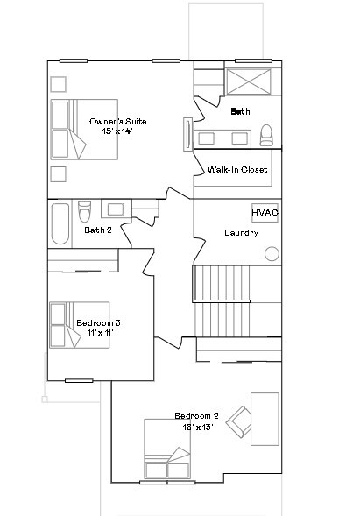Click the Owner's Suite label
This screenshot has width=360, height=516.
[117, 121]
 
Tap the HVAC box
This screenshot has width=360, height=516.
[265, 213]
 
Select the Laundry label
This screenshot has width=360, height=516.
[241, 233]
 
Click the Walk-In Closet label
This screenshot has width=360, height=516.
[237, 169]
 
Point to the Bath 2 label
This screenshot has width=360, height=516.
[97, 230]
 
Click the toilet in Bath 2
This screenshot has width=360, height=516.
[85, 213]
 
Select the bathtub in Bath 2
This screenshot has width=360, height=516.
[60, 224]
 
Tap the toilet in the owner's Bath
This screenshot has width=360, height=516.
[266, 135]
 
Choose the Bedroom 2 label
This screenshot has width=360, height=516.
[196, 415]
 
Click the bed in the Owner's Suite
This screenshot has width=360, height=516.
[83, 129]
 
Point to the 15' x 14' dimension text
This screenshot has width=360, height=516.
[116, 131]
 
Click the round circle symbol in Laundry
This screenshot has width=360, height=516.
[272, 254]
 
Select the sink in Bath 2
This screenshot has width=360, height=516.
[115, 209]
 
